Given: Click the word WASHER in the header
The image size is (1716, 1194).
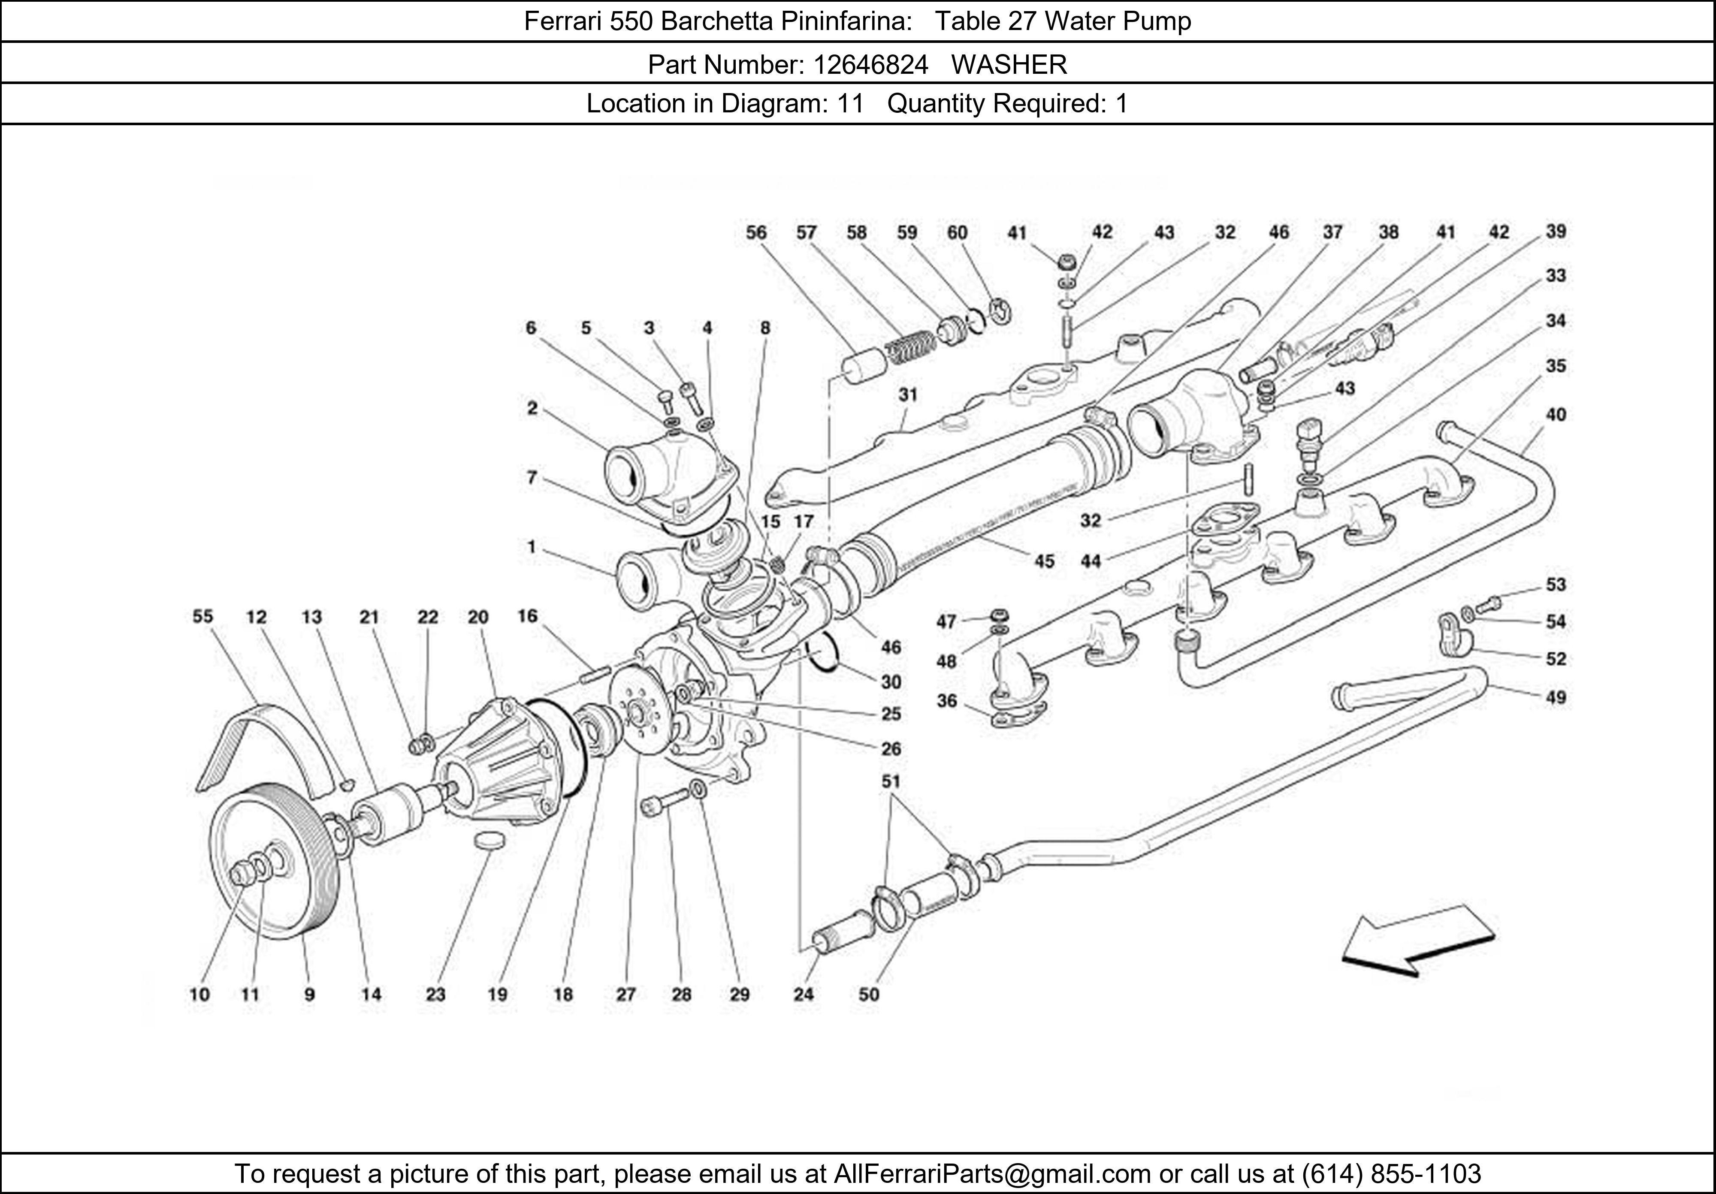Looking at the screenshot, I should pos(1009,65).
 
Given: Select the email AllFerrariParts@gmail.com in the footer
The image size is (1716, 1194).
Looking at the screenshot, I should pos(992,1174).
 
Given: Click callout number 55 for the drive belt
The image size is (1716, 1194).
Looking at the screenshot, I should pos(202,616).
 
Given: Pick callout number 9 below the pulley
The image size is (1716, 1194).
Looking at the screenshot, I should pos(309,995).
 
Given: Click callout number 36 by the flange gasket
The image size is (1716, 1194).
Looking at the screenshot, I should pos(946,701).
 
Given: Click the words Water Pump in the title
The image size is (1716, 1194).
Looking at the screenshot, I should pos(1118,21).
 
